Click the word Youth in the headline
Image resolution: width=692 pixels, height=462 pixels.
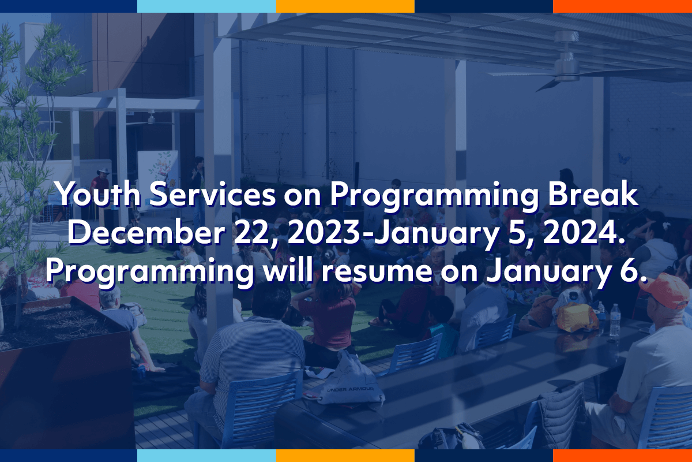coord(98,195)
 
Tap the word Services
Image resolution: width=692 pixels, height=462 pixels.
coord(212,195)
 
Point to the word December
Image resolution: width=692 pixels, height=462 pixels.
coord(146,233)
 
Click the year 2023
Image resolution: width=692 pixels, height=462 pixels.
coord(324,233)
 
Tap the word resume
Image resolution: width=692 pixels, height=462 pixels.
coord(377,271)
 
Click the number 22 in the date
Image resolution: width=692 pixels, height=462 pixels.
coord(250,233)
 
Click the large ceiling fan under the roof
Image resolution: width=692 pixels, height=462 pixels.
coord(565,62)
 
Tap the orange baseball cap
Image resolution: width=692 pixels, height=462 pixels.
coord(665,291)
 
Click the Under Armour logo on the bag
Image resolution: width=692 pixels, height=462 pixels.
coord(351,389)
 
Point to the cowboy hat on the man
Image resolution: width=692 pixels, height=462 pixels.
coord(103,171)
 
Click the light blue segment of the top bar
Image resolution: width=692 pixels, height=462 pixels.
coord(206,6)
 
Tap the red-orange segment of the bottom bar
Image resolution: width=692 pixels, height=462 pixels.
coord(622,456)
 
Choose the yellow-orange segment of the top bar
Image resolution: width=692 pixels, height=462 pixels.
coord(345,6)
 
